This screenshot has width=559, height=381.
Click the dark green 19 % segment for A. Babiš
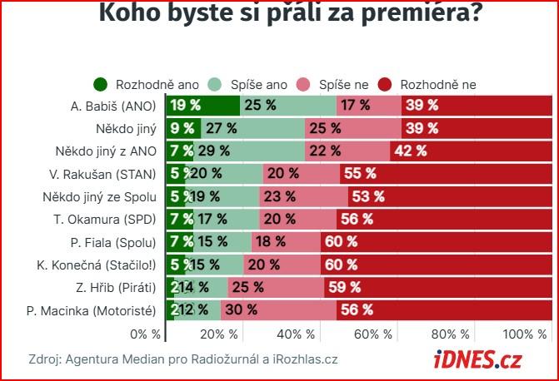(x=202, y=105)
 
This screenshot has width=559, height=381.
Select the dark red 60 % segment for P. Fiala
(x=435, y=242)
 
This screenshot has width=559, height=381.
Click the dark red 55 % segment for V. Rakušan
(x=446, y=174)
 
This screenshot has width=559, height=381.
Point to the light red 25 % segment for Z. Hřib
(x=276, y=288)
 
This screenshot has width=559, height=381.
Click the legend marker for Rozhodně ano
(x=102, y=84)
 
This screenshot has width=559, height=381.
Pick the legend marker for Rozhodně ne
(x=385, y=84)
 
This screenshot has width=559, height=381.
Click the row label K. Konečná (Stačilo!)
(x=104, y=265)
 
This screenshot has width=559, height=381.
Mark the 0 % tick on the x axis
(x=146, y=334)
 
